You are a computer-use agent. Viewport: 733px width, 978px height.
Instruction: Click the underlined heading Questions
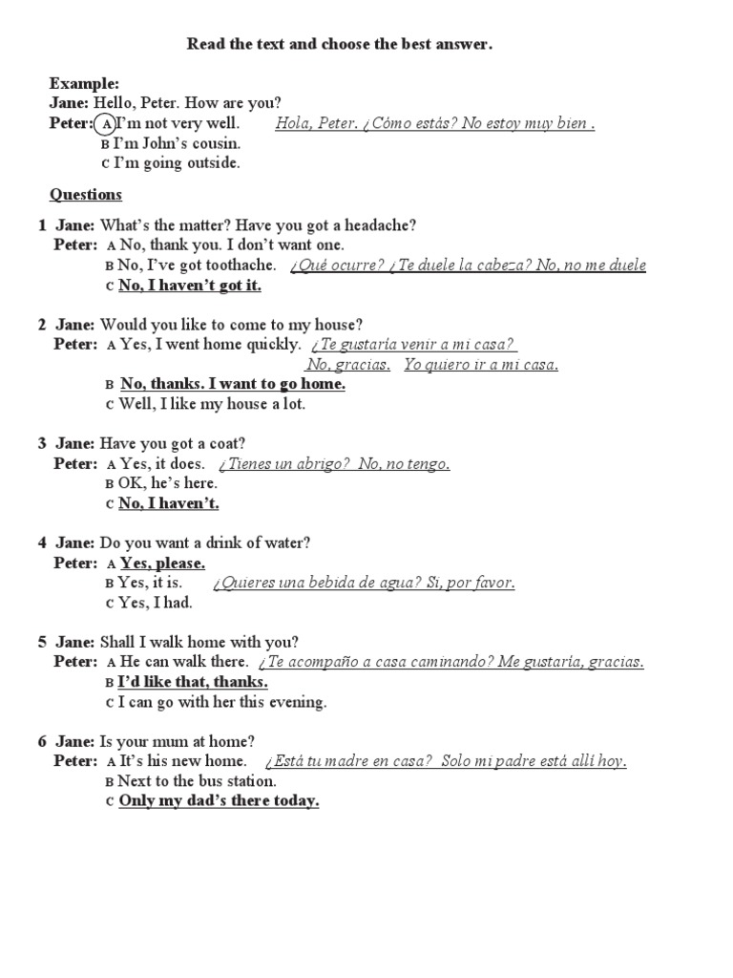(86, 195)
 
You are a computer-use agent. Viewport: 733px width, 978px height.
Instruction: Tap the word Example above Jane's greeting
(85, 84)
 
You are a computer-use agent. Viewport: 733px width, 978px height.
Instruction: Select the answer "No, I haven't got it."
(190, 285)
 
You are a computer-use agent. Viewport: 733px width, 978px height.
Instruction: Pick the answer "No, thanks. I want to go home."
(232, 384)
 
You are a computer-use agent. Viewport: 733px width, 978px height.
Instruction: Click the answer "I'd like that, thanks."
(192, 682)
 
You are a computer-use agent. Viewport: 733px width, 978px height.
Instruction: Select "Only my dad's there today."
(219, 801)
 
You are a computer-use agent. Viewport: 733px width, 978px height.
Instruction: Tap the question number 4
(42, 542)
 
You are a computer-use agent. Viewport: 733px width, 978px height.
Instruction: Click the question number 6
(42, 741)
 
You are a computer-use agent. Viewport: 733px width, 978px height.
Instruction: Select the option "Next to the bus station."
(196, 781)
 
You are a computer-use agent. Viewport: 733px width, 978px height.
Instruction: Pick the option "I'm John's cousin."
(177, 143)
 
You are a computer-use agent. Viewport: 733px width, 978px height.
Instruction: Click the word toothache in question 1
(243, 265)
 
